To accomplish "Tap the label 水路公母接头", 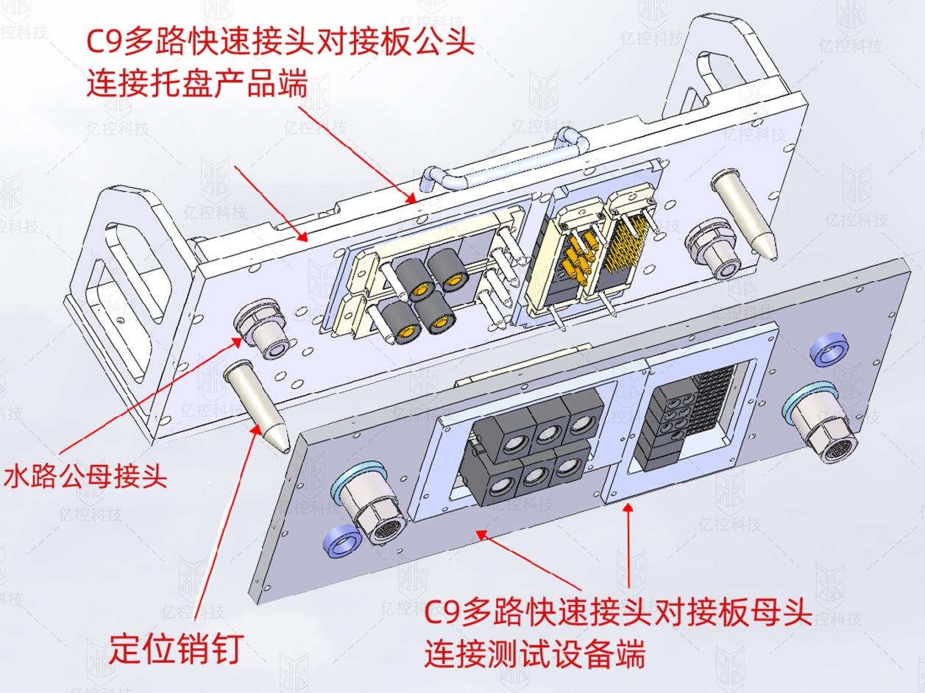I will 85,477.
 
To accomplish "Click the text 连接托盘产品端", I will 196,86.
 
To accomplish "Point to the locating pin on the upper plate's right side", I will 745,213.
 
